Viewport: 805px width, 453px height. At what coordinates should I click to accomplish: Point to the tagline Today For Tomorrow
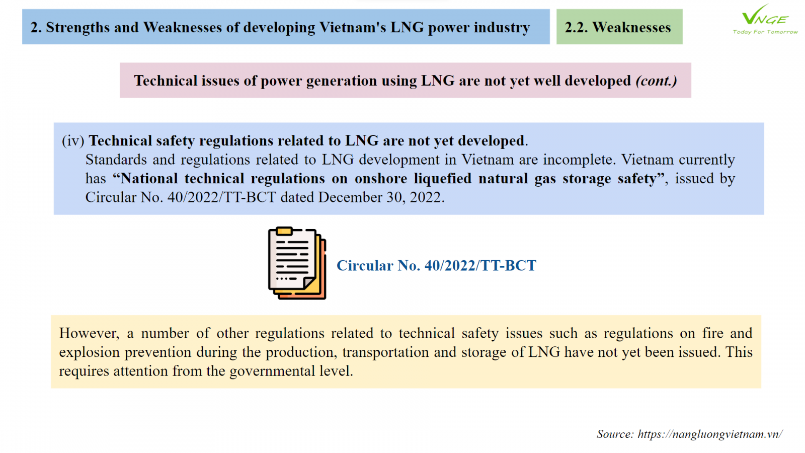click(x=765, y=32)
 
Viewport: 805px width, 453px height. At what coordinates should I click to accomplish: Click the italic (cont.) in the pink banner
click(x=656, y=81)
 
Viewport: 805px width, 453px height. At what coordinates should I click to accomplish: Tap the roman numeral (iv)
click(x=73, y=140)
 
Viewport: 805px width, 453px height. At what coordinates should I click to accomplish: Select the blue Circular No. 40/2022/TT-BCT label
click(x=436, y=266)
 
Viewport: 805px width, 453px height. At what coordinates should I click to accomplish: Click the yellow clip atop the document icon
click(x=284, y=231)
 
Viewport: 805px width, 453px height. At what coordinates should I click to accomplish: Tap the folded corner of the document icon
click(x=309, y=282)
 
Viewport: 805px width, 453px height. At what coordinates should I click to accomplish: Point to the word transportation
click(x=385, y=352)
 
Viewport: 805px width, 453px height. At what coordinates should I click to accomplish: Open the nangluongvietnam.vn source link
click(x=710, y=434)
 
